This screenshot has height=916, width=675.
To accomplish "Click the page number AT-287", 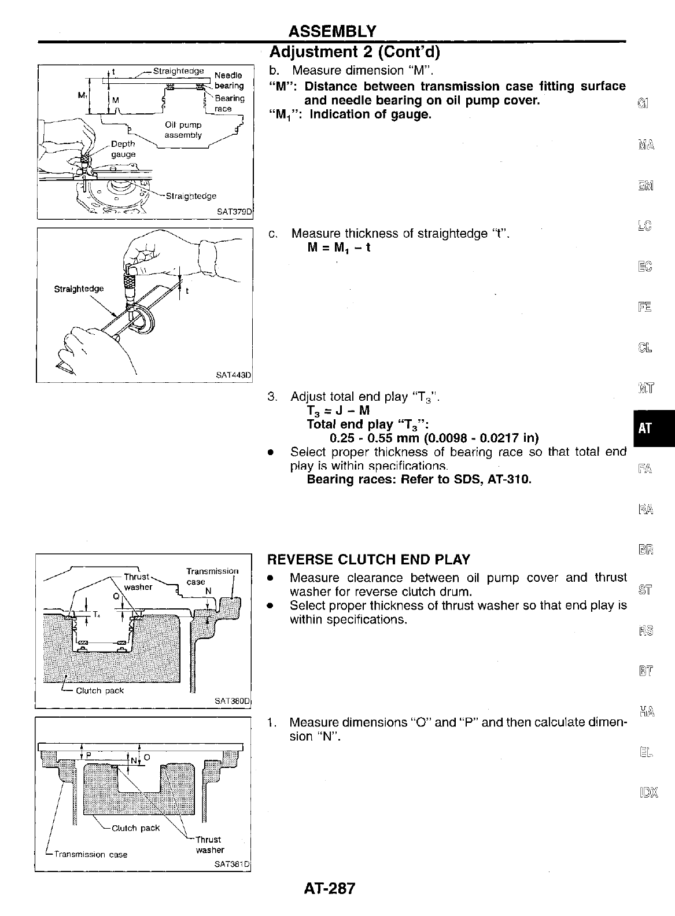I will click(329, 888).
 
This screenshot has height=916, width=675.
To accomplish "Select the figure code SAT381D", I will click(233, 865).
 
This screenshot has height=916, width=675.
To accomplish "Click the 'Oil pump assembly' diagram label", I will click(183, 130).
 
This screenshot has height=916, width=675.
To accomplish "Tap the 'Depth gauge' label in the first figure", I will click(123, 149).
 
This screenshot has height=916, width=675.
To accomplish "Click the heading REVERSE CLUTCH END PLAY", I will click(368, 559).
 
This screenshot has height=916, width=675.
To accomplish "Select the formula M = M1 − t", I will click(339, 248).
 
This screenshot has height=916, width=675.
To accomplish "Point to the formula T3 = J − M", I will click(338, 411).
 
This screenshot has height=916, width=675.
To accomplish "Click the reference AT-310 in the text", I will click(511, 479).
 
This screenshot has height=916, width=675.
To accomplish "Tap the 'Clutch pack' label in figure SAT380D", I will click(99, 690).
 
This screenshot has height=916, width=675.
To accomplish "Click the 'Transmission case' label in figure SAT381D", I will click(91, 854).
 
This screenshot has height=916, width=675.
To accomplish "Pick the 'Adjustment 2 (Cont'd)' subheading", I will click(355, 52).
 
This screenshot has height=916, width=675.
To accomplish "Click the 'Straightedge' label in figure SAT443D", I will click(79, 289).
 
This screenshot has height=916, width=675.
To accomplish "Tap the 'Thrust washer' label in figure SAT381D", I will click(209, 844).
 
